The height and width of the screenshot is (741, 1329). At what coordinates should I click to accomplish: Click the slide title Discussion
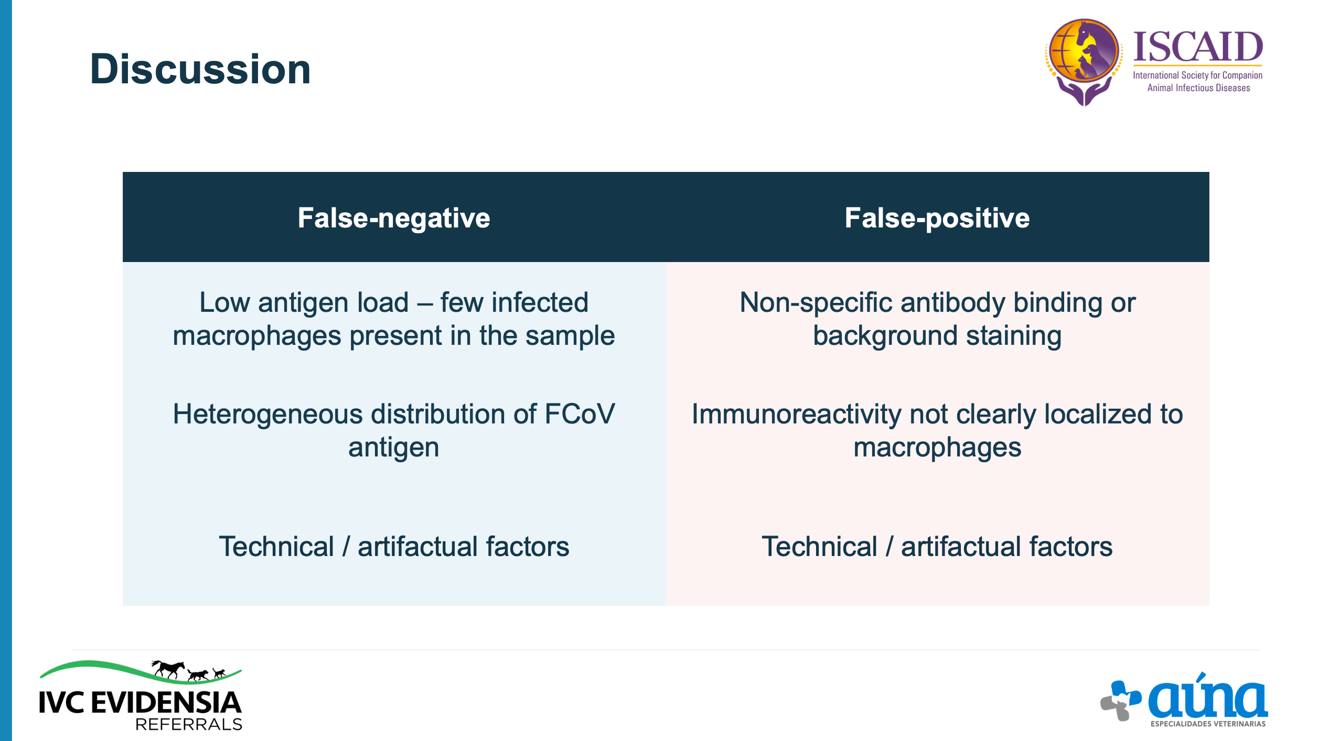click(x=200, y=69)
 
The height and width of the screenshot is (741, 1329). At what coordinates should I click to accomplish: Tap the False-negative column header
click(x=394, y=218)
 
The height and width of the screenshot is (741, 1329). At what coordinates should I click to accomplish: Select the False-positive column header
click(x=937, y=218)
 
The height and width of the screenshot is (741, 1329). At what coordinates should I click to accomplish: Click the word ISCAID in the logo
click(x=1198, y=47)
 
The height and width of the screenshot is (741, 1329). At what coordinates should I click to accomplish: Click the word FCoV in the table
click(x=580, y=414)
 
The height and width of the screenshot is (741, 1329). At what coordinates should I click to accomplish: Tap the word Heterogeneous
click(x=268, y=415)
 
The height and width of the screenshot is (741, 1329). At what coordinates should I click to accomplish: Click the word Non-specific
click(x=816, y=303)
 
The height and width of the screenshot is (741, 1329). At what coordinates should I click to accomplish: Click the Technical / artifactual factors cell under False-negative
click(x=394, y=547)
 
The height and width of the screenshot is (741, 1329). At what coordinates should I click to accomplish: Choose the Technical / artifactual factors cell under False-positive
click(x=937, y=547)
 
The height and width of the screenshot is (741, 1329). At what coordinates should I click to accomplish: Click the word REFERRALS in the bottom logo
click(x=189, y=724)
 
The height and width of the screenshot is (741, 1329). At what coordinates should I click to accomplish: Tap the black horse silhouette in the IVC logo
click(x=168, y=669)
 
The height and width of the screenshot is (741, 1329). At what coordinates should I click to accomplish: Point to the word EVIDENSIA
click(x=166, y=702)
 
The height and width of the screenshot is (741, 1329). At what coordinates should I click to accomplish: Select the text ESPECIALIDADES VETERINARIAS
click(x=1208, y=724)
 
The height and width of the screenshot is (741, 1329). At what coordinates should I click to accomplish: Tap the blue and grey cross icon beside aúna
click(x=1121, y=701)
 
